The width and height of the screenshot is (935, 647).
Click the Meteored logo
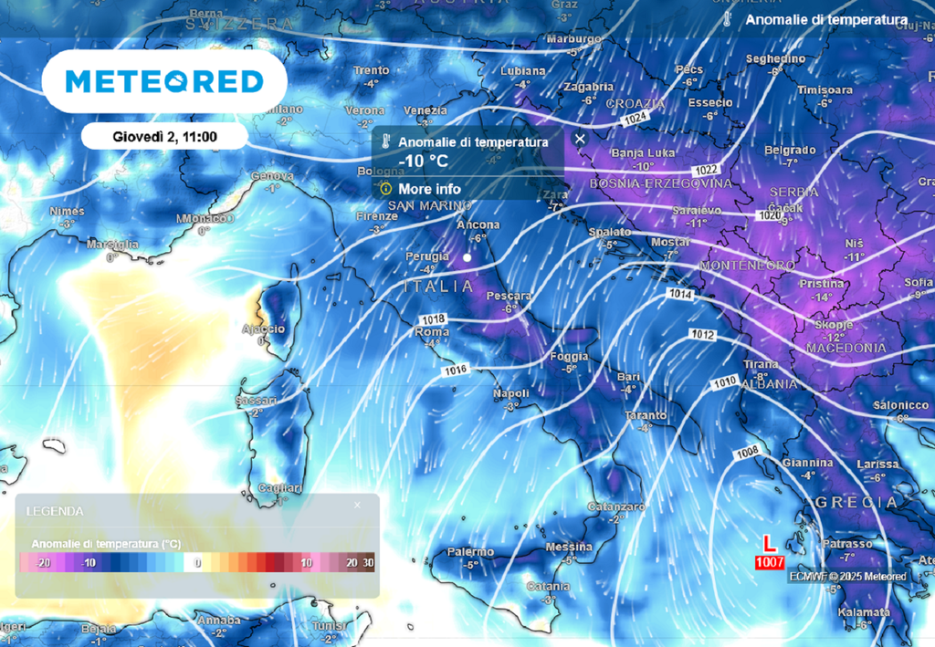[165, 81]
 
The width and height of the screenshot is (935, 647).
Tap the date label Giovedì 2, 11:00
[165, 137]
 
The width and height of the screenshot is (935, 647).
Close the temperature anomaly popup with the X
[580, 139]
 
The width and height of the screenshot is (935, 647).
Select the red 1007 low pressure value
[770, 562]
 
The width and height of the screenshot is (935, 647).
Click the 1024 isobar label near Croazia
[636, 120]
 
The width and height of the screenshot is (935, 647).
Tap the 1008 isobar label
[747, 451]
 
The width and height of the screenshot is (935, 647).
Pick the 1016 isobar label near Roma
[457, 370]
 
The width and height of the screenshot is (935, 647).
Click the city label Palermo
[470, 551]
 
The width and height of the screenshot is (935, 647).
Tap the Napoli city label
[511, 393]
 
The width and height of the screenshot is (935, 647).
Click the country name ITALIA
[438, 287]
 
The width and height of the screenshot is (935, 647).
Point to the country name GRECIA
[856, 503]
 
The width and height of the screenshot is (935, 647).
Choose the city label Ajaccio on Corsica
[264, 329]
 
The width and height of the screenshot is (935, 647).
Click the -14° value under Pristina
[823, 297]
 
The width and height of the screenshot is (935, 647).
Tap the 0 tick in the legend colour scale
[197, 563]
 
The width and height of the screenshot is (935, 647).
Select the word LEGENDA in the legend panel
[55, 511]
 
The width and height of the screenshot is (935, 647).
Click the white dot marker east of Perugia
[467, 258]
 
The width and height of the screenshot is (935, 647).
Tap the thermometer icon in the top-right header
[728, 19]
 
